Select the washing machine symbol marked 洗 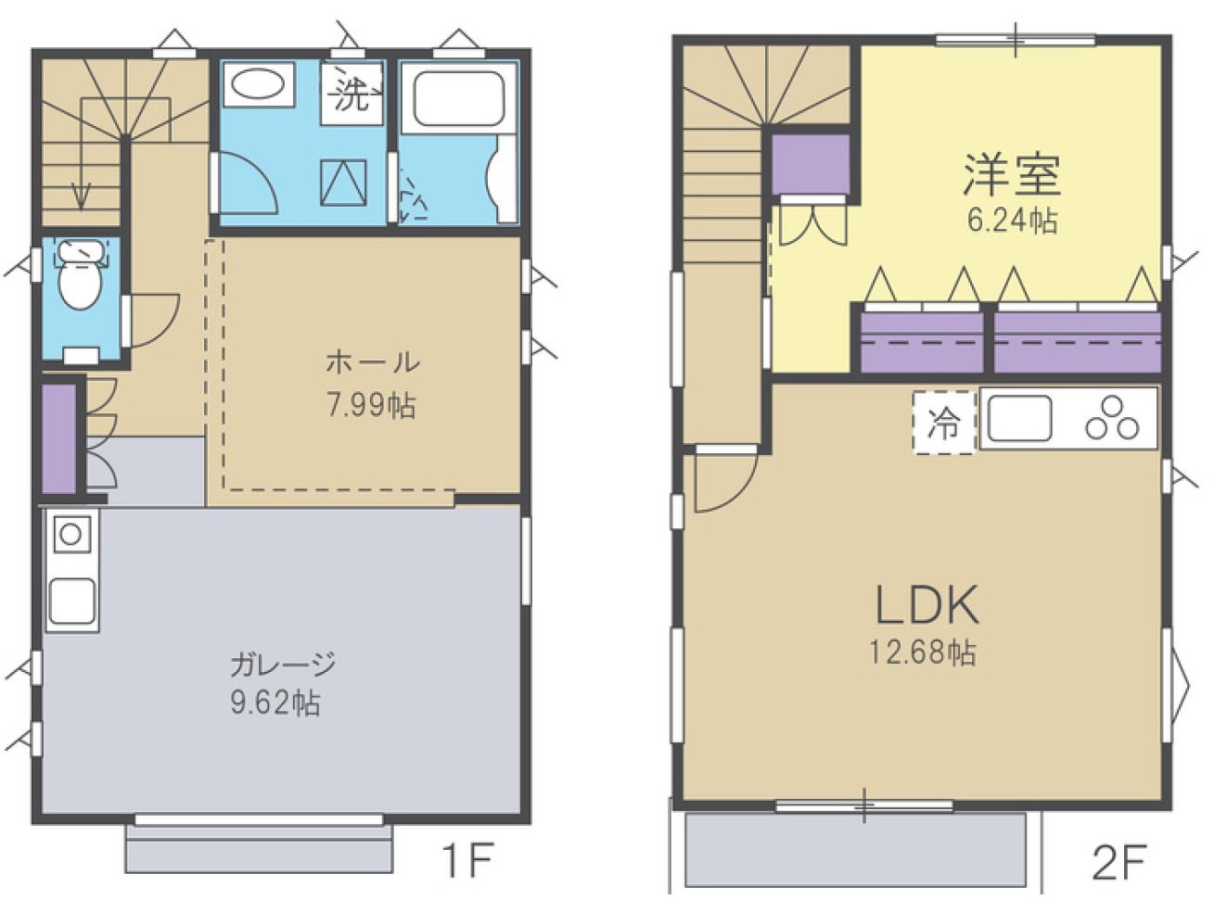click(352, 94)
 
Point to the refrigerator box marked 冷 click(943, 423)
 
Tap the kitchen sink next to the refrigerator click(1020, 418)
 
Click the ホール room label click(372, 363)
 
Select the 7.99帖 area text click(372, 405)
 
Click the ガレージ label click(283, 665)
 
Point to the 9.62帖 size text click(275, 703)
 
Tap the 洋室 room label click(1012, 175)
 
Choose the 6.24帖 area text click(1012, 221)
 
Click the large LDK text click(927, 605)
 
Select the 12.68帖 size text click(923, 652)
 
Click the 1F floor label click(466, 861)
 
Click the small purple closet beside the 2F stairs click(811, 164)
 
